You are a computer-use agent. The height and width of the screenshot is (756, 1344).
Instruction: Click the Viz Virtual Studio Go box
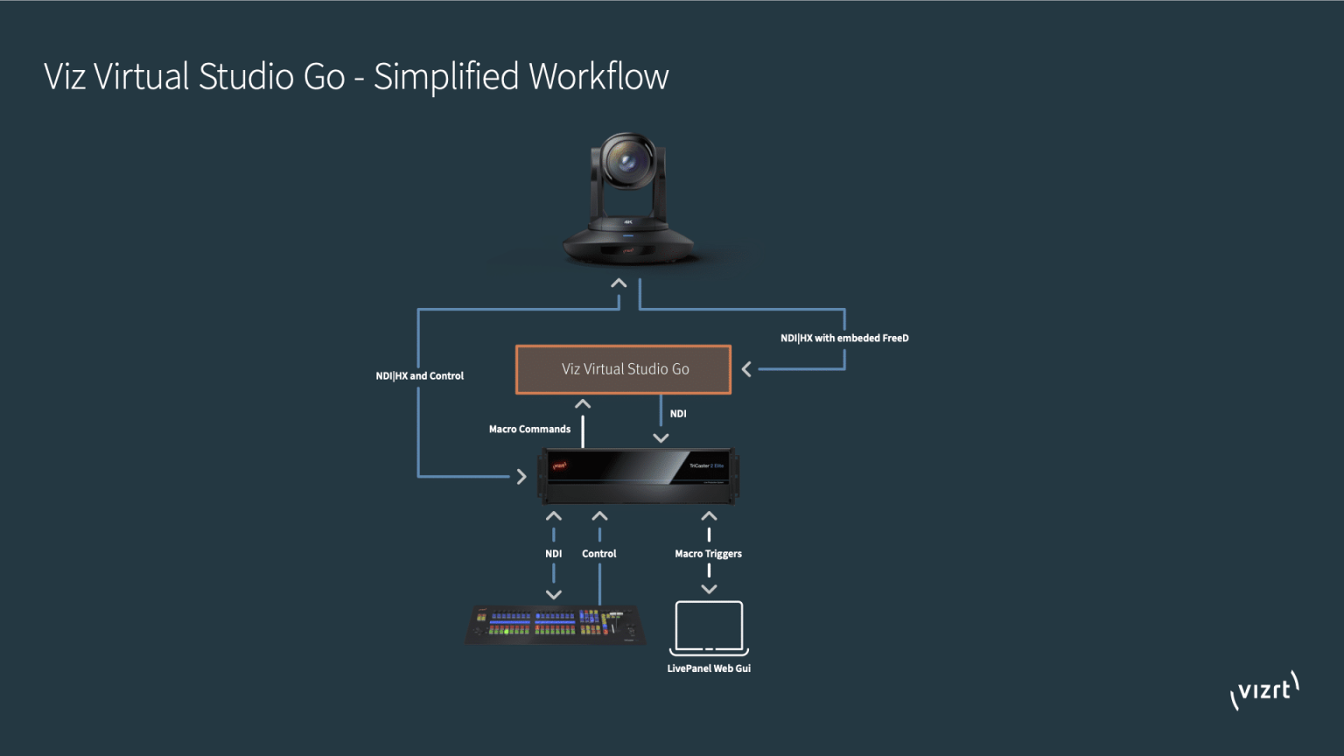[x=623, y=369]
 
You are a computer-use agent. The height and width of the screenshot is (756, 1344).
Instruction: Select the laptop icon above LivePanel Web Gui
[x=709, y=626]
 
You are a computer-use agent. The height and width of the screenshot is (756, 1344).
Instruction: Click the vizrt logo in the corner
[x=1264, y=690]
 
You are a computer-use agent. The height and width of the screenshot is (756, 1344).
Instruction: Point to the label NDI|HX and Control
[x=419, y=376]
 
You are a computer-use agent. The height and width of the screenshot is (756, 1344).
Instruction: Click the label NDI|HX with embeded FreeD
[x=844, y=339]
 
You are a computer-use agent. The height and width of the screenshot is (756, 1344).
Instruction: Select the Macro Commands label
[x=529, y=430]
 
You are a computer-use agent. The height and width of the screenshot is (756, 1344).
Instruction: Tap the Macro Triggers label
[x=708, y=554]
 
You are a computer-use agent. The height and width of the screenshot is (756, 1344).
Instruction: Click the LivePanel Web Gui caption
[x=709, y=668]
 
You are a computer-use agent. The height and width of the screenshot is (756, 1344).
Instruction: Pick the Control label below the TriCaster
[x=598, y=554]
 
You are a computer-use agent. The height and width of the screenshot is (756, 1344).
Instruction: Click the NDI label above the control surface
[x=553, y=554]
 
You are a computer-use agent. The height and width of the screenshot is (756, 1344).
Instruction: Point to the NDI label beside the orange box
[x=678, y=414]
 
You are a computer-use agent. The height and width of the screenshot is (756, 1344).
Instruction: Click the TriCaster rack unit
[x=639, y=476]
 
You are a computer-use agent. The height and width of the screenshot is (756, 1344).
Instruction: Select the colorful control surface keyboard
[x=556, y=624]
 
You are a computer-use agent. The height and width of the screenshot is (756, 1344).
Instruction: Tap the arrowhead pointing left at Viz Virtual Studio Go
[x=746, y=369]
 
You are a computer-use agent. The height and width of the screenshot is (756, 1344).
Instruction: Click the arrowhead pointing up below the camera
[x=619, y=283]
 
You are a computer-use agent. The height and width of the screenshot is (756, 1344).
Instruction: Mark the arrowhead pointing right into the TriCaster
[x=521, y=477]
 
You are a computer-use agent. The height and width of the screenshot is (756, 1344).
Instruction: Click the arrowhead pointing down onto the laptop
[x=709, y=590]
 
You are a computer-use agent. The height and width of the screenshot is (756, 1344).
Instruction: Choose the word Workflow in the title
[x=598, y=77]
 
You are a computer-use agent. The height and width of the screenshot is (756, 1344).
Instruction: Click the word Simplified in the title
[x=446, y=77]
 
